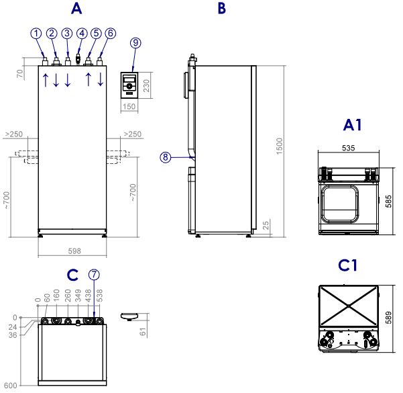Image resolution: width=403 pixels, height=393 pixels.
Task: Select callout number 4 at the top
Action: pos(82,33)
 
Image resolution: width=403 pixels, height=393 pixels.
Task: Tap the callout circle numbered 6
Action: pos(111,33)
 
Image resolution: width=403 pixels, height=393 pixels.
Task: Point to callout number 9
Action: pos(135,42)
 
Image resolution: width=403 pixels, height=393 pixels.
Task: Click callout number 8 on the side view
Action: pos(166,158)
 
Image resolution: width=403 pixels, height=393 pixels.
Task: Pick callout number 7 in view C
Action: pos(94,275)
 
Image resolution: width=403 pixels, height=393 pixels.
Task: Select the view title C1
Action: pos(347,266)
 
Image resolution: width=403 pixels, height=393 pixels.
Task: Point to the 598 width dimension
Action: pos(74,251)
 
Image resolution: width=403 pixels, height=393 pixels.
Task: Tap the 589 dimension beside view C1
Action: pos(392,317)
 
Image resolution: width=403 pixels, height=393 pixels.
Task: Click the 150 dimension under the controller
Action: pos(129,106)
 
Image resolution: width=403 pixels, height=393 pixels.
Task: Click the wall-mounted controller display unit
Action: pos(129,84)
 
